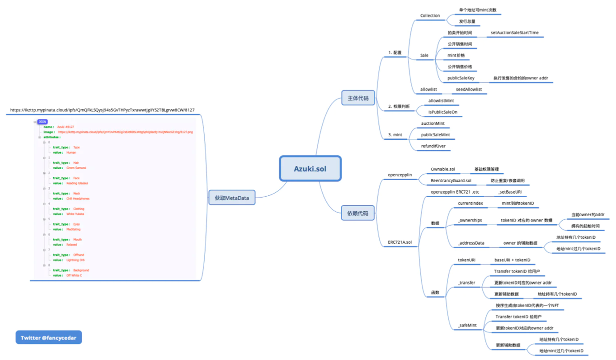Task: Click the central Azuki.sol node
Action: (x=310, y=169)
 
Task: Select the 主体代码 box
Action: (x=358, y=98)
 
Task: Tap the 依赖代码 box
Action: (x=358, y=213)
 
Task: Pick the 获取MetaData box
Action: (x=232, y=198)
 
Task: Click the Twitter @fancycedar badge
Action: (x=49, y=337)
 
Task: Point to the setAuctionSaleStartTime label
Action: (x=514, y=33)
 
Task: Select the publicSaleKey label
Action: (x=461, y=78)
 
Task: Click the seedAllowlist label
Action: (x=469, y=89)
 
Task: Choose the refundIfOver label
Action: (x=433, y=146)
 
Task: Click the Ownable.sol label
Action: (x=443, y=169)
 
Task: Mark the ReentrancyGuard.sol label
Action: (x=451, y=180)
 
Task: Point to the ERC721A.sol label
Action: (x=400, y=242)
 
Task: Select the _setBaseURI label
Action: (x=510, y=192)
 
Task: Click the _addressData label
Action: (x=471, y=243)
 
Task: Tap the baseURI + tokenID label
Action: (x=512, y=260)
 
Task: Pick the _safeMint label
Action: (x=467, y=325)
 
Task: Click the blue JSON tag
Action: (x=42, y=122)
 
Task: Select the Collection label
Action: (x=430, y=15)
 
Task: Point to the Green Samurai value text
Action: (x=76, y=168)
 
